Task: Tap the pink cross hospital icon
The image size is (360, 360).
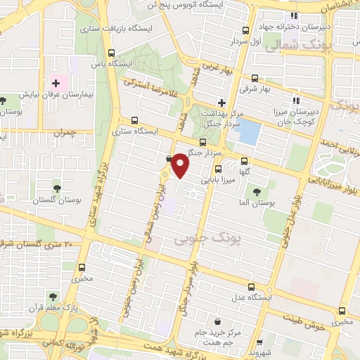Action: click(56, 84)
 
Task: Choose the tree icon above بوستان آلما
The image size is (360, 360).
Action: click(256, 191)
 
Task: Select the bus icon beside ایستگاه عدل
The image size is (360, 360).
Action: click(252, 286)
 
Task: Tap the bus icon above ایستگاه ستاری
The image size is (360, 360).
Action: click(135, 120)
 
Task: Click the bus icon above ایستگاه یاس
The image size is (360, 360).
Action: click(111, 53)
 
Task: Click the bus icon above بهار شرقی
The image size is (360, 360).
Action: click(254, 79)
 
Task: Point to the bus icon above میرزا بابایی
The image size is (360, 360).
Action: click(219, 169)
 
